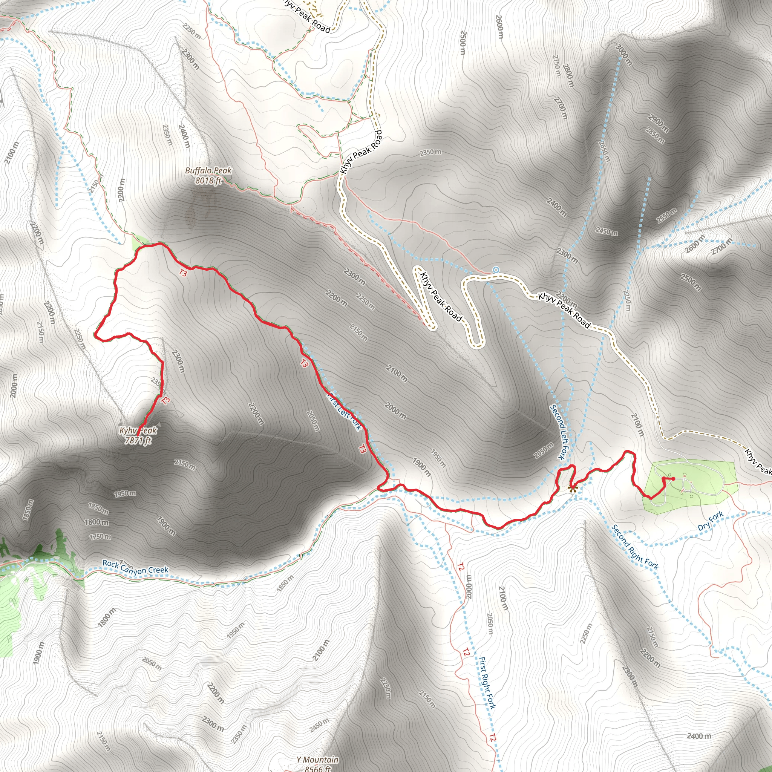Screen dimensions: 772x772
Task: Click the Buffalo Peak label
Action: coord(208,171)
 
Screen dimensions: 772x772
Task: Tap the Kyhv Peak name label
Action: coord(138,431)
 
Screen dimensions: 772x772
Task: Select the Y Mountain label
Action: coord(317,760)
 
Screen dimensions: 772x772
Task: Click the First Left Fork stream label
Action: coord(345,412)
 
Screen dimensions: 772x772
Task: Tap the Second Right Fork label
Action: coord(635,547)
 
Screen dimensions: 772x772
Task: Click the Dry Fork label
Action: coord(710,521)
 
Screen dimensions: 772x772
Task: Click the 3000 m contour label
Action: coord(624,55)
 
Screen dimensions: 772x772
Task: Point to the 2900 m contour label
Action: coord(658,123)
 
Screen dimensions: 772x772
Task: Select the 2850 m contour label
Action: coord(655,135)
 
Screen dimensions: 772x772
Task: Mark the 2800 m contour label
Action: coord(568,75)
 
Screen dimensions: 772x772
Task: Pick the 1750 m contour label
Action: coord(100,536)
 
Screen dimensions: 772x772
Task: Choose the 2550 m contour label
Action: coord(666,216)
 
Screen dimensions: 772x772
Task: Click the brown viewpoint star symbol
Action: coord(573,488)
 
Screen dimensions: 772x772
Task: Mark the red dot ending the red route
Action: coord(674,479)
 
